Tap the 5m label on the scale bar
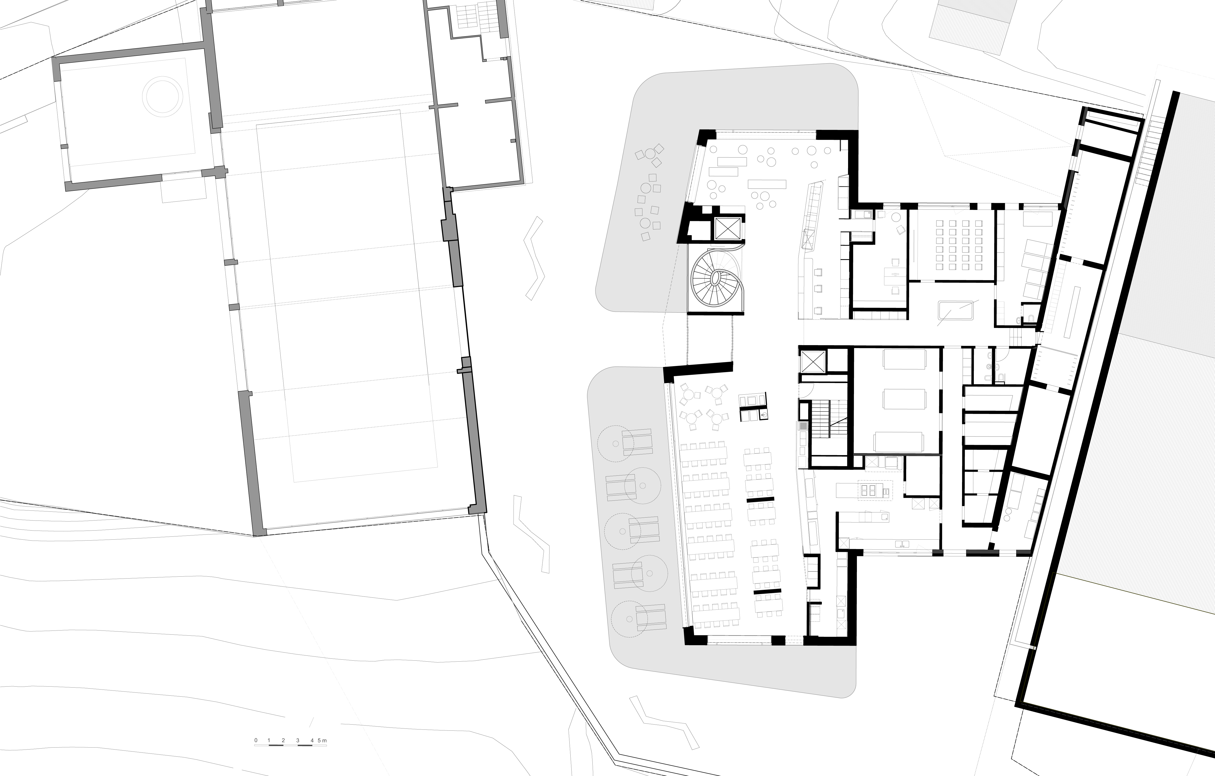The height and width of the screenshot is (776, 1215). click(322, 740)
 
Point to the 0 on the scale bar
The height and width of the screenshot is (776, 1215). click(256, 740)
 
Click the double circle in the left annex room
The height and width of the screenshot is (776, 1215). click(163, 96)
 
